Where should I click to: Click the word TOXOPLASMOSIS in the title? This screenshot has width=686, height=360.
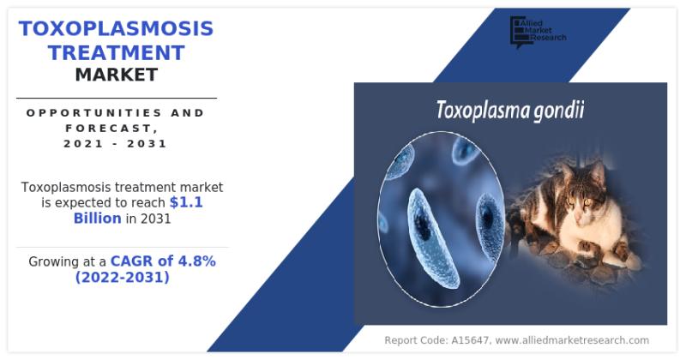pyautogui.click(x=116, y=28)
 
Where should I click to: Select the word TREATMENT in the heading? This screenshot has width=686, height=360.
pyautogui.click(x=117, y=53)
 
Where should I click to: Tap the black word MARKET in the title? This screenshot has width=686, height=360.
pyautogui.click(x=117, y=75)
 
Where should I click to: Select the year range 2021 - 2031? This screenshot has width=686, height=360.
pyautogui.click(x=115, y=143)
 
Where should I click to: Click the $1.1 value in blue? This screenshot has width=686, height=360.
pyautogui.click(x=186, y=202)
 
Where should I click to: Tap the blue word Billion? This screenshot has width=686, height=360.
pyautogui.click(x=97, y=218)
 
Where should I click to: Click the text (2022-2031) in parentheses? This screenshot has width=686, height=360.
pyautogui.click(x=122, y=277)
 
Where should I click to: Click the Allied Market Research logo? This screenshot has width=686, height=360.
pyautogui.click(x=538, y=31)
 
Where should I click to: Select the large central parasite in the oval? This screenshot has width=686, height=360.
pyautogui.click(x=432, y=238)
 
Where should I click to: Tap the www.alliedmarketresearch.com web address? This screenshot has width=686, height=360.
pyautogui.click(x=572, y=340)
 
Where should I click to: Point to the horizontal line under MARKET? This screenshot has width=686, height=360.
pyautogui.click(x=117, y=98)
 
